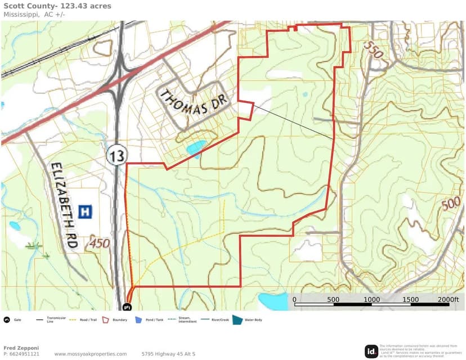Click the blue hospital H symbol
[86, 211]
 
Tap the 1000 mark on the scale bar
[371, 300]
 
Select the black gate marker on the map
[126, 307]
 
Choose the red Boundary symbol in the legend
[105, 320]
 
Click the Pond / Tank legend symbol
[138, 320]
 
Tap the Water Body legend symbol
[238, 320]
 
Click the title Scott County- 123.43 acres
[57, 6]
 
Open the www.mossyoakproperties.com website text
[90, 354]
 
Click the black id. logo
[371, 352]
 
